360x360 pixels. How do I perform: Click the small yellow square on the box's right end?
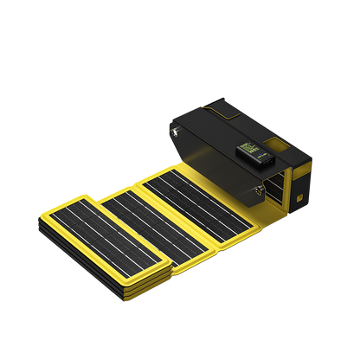298,199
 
